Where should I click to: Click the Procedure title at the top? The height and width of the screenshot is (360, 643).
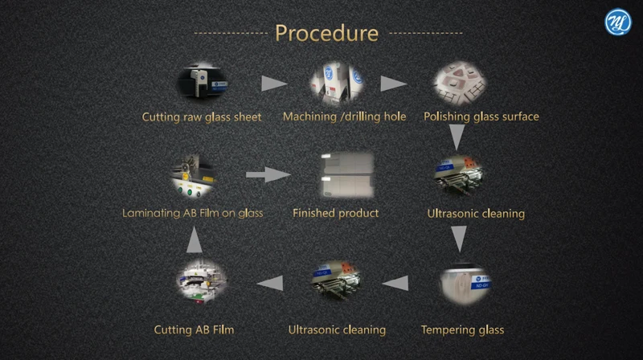coord(327,33)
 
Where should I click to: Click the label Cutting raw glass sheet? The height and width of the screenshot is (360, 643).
coord(202,117)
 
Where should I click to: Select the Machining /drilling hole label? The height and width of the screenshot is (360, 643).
coord(344,117)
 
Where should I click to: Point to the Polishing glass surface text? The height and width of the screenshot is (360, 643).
coord(481,117)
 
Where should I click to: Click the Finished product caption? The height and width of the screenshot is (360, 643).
coord(335,213)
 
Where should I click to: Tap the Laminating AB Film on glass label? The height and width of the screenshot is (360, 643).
coord(193,213)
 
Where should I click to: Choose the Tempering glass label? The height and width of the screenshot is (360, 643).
coord(463,329)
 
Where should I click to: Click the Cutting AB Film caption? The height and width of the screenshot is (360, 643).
coord(194,329)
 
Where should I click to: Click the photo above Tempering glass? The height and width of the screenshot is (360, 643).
coord(465,284)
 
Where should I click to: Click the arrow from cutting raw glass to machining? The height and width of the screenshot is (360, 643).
coord(275,84)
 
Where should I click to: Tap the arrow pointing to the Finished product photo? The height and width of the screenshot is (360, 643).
coord(268,174)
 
